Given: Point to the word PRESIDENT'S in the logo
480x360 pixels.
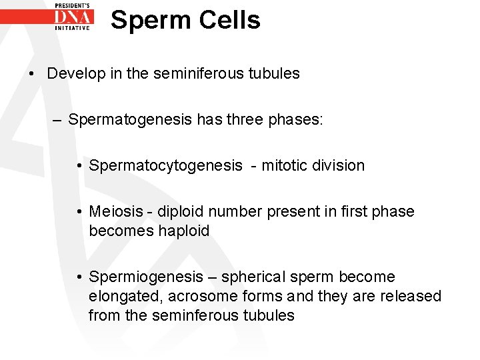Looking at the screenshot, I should [x=73, y=5].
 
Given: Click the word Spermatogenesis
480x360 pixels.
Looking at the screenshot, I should [x=126, y=120].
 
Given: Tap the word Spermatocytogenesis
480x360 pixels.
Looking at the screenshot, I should [x=165, y=165].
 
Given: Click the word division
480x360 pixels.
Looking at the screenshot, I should [x=339, y=165].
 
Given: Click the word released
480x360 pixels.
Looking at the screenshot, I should [x=413, y=296].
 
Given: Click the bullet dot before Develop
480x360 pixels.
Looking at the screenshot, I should [x=33, y=73].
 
